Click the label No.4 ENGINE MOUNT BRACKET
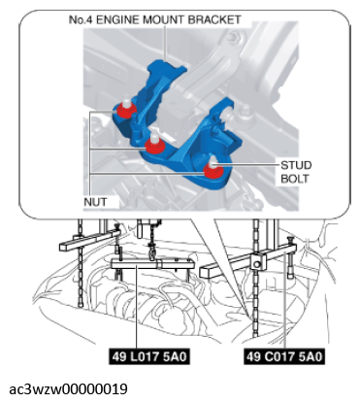coord(154,20)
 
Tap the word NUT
coord(95,202)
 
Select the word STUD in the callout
coord(296,165)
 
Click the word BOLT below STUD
coord(294,179)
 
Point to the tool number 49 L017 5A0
coord(149,356)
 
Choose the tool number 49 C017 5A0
coord(284,356)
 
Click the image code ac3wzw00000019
coord(68,389)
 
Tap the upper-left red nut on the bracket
coord(125,110)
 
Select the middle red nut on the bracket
coord(154,145)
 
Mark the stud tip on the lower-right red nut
coord(213,162)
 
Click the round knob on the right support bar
coord(257,265)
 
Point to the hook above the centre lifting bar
coord(152,252)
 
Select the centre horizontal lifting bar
coord(152,264)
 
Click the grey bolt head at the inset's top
coord(235,36)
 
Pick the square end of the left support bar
coord(64,247)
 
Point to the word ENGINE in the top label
coord(118,20)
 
